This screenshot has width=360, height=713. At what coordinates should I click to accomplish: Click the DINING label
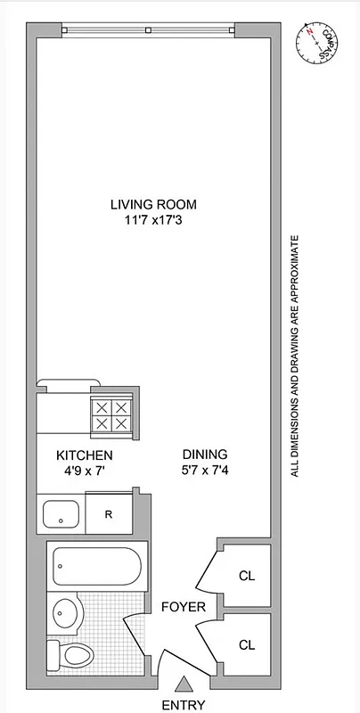(205, 453)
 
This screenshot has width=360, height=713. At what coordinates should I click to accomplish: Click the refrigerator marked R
(108, 514)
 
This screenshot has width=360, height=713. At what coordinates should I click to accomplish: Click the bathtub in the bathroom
(94, 566)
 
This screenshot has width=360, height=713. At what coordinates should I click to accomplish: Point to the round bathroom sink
(65, 612)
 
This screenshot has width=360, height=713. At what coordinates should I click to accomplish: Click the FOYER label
(183, 608)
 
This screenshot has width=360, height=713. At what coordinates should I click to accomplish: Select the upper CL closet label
(246, 575)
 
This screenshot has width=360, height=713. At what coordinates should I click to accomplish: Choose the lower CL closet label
(246, 643)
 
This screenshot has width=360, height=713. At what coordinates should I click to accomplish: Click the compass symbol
(315, 41)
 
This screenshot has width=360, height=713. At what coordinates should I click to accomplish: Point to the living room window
(149, 30)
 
